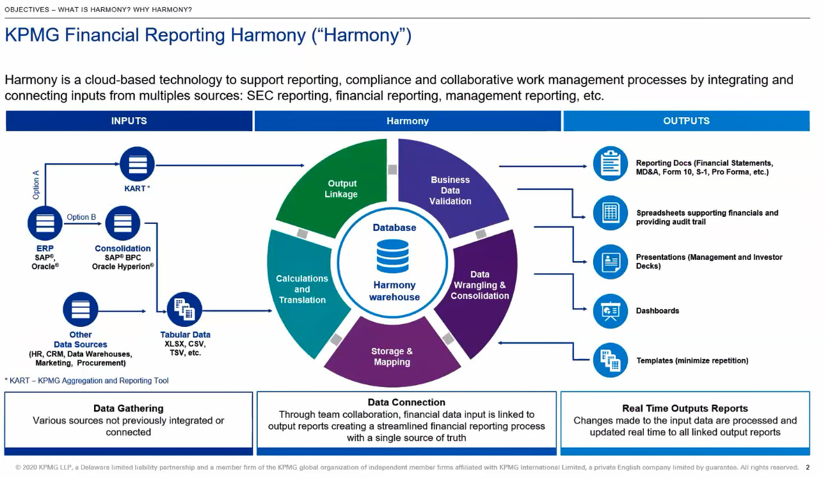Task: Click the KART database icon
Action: (138, 164)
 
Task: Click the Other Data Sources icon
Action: (81, 310)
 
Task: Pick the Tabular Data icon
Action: (185, 310)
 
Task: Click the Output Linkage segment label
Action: (341, 189)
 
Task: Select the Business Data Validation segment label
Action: (451, 190)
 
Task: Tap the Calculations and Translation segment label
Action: (302, 289)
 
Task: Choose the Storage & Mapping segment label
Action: (392, 356)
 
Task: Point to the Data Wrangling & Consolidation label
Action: (480, 285)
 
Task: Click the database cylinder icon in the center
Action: (392, 256)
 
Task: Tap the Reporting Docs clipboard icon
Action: (611, 163)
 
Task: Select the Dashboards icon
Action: (611, 311)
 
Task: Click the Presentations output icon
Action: (611, 261)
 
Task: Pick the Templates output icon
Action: (611, 360)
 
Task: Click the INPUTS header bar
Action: (129, 121)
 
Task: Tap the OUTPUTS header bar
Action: (686, 121)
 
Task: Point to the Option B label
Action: (81, 217)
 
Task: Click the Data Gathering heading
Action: (129, 408)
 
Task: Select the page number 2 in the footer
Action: (808, 468)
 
